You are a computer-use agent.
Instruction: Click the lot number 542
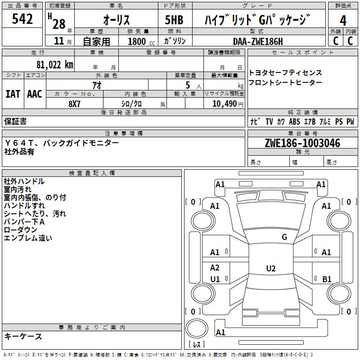tap(22, 19)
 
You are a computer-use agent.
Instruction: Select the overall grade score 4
tap(343, 21)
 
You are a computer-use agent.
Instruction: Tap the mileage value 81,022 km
tap(54, 64)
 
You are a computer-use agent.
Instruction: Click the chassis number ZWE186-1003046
tap(302, 144)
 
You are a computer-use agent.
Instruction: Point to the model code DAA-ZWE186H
tap(258, 41)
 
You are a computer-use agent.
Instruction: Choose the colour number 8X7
tap(75, 103)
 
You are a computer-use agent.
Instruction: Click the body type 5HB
tap(174, 20)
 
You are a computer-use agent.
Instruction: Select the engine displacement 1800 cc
tap(138, 41)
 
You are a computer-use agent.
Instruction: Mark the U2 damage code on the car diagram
tap(270, 269)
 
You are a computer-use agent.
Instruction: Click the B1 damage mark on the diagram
tap(327, 279)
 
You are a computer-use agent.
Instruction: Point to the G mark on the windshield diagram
tap(284, 237)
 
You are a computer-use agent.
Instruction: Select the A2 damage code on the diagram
tap(215, 268)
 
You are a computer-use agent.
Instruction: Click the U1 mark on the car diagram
tap(215, 279)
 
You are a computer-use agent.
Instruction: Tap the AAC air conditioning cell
tap(35, 94)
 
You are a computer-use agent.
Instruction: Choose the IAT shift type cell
tap(13, 94)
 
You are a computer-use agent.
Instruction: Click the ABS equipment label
tap(294, 121)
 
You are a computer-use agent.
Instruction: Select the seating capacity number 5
tap(186, 85)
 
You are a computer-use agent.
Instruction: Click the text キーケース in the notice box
tap(23, 336)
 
